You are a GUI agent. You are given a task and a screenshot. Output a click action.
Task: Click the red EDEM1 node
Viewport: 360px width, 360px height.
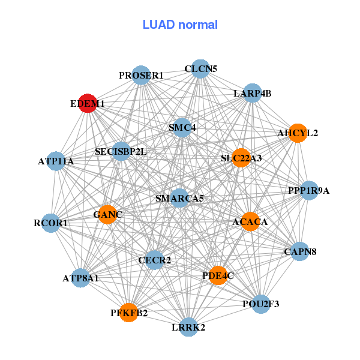click(x=88, y=103)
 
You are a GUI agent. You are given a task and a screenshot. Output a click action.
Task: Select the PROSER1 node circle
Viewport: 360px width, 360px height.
click(x=141, y=75)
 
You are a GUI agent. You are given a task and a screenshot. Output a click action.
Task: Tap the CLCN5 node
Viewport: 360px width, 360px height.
click(x=201, y=68)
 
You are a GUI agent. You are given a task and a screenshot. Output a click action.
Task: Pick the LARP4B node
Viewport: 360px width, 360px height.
click(x=253, y=93)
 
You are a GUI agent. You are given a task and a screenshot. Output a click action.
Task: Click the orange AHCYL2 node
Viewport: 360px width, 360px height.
click(x=298, y=133)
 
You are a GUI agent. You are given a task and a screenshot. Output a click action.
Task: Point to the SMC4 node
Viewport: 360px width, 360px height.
click(x=182, y=127)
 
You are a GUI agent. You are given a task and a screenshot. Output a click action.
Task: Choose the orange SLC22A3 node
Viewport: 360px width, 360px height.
click(x=241, y=158)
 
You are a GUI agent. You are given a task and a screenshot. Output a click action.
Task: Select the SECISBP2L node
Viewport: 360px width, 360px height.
click(x=121, y=151)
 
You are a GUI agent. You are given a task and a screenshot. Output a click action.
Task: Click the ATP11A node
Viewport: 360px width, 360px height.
click(x=56, y=161)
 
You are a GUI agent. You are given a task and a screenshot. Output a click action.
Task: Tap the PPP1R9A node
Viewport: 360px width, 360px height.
click(x=309, y=191)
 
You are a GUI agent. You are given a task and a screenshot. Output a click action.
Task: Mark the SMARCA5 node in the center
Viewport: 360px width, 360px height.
click(x=179, y=198)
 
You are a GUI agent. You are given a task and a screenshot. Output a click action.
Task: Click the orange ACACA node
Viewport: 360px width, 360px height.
click(x=250, y=222)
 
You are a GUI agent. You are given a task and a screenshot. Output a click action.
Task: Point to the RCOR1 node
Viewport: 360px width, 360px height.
click(x=51, y=223)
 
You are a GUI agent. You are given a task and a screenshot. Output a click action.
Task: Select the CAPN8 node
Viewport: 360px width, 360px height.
click(x=300, y=251)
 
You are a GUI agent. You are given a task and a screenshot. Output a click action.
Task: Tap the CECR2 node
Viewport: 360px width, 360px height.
click(x=155, y=260)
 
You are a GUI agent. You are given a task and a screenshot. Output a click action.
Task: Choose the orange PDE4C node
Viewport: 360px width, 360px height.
click(x=218, y=275)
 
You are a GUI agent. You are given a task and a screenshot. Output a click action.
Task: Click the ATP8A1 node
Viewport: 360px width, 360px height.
click(x=80, y=278)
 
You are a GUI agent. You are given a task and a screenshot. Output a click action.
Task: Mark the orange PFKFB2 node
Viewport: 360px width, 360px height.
click(x=128, y=312)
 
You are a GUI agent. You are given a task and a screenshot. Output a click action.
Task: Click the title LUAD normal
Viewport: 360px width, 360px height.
click(x=180, y=25)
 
